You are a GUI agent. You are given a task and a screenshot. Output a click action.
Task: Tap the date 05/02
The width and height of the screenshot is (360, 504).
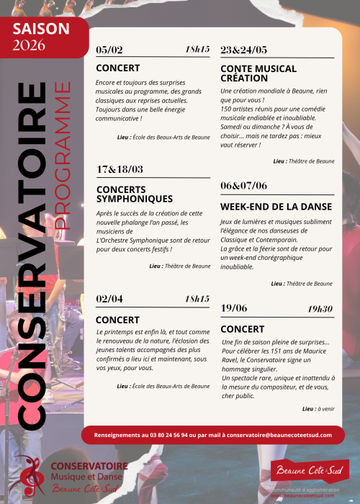(x=109, y=50)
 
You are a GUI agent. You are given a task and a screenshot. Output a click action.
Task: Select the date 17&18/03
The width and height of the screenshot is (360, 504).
(x=120, y=169)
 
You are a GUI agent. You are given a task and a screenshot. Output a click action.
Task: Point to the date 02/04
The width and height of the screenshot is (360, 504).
(x=109, y=299)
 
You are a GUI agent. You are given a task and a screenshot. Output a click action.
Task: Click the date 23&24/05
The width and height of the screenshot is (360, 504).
(x=243, y=50)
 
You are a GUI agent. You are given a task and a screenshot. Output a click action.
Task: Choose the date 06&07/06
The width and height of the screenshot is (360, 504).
(x=244, y=185)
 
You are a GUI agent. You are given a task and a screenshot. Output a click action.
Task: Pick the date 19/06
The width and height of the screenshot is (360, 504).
(x=234, y=308)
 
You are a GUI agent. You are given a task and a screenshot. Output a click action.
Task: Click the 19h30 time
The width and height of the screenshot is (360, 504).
(x=320, y=308)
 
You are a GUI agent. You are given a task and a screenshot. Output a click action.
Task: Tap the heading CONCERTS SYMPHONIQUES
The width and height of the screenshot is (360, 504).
(x=134, y=194)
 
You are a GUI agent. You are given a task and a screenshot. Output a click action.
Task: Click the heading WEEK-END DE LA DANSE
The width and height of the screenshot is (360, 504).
(x=276, y=207)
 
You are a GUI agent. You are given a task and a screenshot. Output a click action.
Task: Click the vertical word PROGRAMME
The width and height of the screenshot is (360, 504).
(x=63, y=156)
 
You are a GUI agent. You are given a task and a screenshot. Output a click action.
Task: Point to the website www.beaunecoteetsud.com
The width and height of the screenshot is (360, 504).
(x=310, y=496)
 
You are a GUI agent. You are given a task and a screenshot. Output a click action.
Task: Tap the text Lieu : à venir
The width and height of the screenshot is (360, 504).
(x=318, y=408)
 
